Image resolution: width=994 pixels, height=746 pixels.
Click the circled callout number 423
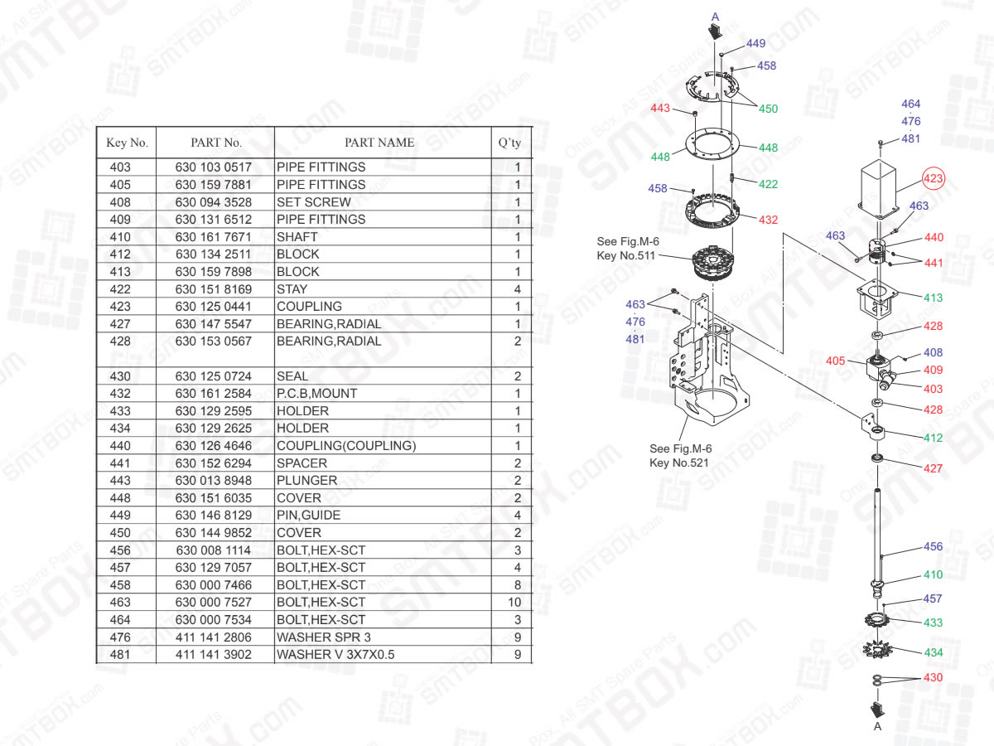click(934, 178)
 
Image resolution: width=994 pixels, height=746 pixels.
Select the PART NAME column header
click(379, 143)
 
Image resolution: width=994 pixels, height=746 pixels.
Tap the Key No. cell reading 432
click(120, 394)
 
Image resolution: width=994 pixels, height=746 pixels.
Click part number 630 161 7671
click(213, 237)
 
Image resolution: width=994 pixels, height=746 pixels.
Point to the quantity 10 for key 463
click(514, 603)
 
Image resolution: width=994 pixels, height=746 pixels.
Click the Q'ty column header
click(509, 143)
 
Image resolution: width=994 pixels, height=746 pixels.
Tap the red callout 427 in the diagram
click(933, 468)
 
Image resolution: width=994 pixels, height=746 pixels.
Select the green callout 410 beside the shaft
click(933, 575)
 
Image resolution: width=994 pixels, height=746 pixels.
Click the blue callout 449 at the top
click(755, 44)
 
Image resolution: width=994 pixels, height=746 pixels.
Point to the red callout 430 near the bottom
click(933, 677)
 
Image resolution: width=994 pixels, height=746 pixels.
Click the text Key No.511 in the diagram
click(626, 255)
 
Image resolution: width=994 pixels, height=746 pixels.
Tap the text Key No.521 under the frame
click(678, 463)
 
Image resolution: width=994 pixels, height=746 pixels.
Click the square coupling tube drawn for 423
click(878, 186)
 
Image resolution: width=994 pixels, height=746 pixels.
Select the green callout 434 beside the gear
click(933, 652)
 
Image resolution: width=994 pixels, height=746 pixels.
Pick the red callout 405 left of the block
click(836, 361)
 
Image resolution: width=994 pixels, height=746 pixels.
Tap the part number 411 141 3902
click(213, 655)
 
